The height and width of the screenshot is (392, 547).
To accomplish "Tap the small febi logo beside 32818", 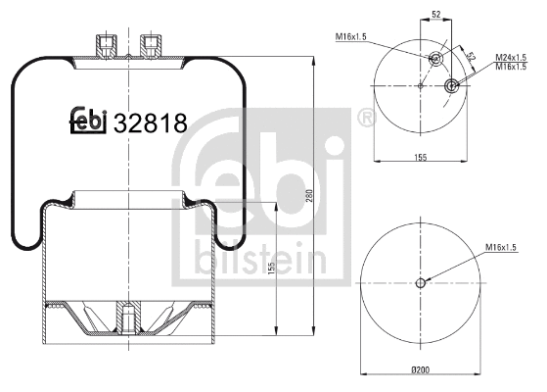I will pyautogui.click(x=88, y=120).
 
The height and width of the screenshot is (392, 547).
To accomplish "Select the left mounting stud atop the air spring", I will pyautogui.click(x=107, y=46).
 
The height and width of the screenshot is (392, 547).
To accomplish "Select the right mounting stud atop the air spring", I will pyautogui.click(x=151, y=46).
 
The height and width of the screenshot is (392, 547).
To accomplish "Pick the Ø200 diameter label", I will pyautogui.click(x=422, y=368).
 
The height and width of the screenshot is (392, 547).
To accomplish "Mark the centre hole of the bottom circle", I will pyautogui.click(x=422, y=283).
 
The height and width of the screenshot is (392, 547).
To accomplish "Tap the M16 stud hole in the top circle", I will pyautogui.click(x=434, y=58).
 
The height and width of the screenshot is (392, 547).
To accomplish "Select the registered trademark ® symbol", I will pyautogui.click(x=366, y=120).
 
